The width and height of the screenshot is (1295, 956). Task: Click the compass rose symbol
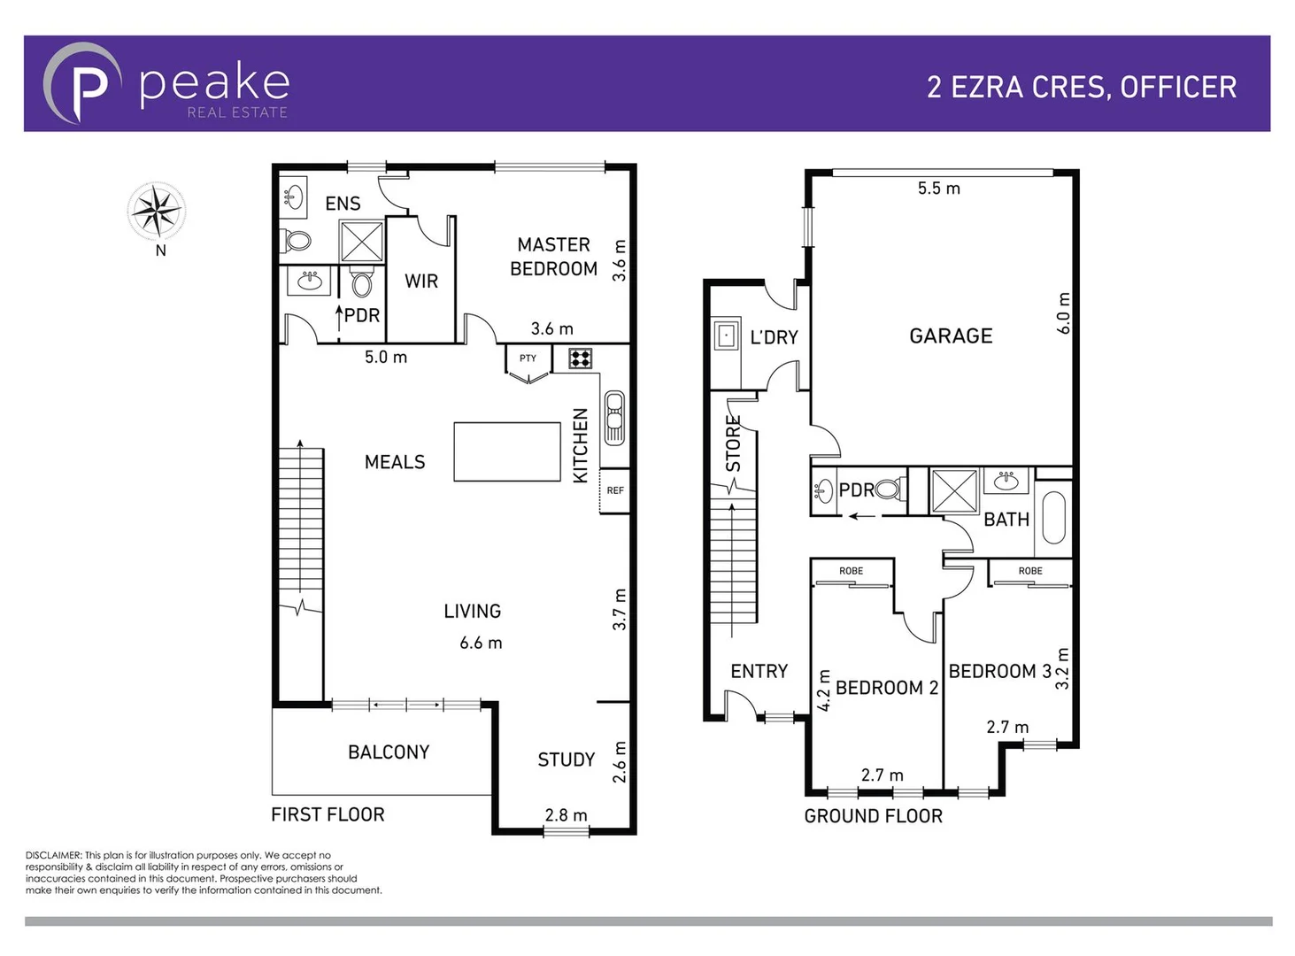tap(156, 212)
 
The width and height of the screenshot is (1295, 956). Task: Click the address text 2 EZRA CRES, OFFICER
tap(1081, 87)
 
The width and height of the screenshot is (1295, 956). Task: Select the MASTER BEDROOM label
tap(553, 257)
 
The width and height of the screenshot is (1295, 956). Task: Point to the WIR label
tap(421, 281)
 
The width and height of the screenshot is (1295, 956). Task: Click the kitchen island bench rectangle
tap(507, 451)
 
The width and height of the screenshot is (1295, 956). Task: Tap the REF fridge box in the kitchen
tap(615, 490)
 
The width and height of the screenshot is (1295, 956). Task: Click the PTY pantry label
tap(528, 358)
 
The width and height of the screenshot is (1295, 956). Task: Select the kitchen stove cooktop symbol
tap(581, 358)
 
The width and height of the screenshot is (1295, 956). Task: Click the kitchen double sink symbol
tap(614, 418)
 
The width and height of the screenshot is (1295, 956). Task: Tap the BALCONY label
tap(389, 752)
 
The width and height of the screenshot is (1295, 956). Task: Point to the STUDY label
tap(567, 759)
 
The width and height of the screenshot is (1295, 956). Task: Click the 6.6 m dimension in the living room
tap(481, 644)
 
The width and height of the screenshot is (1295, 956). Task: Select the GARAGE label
tap(951, 336)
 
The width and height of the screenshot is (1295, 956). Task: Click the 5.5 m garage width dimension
tap(938, 189)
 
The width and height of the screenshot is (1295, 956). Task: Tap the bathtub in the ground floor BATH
tap(1053, 517)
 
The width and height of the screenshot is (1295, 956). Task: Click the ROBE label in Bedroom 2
tap(851, 571)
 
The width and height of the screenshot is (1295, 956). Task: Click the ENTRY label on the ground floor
tap(759, 672)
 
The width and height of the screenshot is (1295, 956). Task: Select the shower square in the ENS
tap(362, 241)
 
